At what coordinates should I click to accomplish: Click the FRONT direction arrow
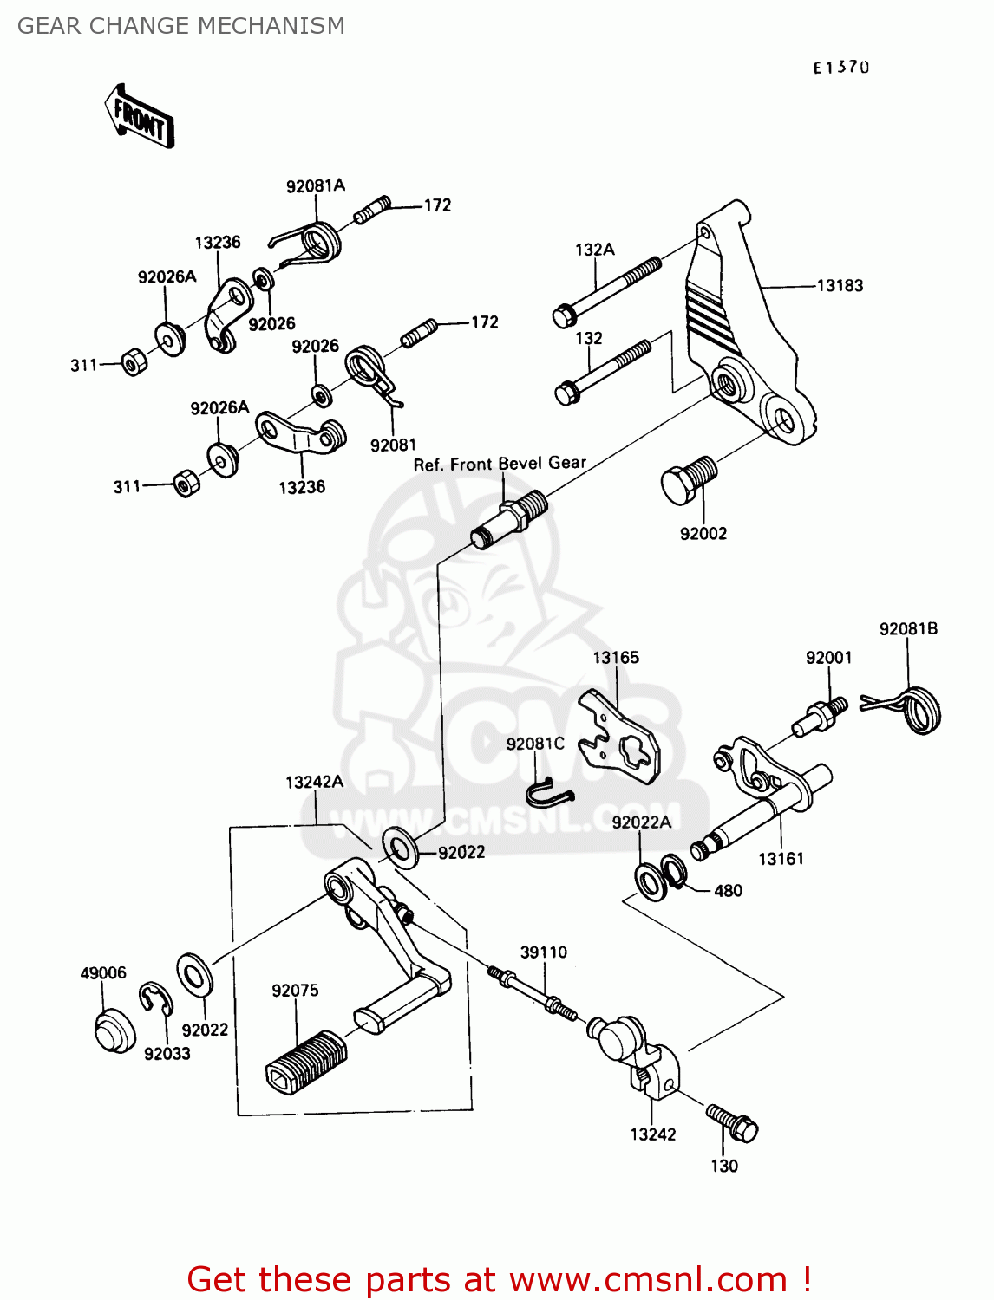140,116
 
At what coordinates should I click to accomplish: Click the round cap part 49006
114,1030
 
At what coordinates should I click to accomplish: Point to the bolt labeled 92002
689,479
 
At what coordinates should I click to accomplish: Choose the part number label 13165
616,658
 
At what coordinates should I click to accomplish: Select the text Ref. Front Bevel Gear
500,465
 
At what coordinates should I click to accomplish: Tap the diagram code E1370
840,68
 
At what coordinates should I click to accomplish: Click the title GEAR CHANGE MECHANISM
181,26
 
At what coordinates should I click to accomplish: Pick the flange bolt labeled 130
733,1122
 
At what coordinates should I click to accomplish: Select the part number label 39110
543,952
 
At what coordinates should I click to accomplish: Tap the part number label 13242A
314,783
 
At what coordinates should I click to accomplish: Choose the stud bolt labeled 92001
819,716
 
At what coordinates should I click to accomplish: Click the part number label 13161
781,859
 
